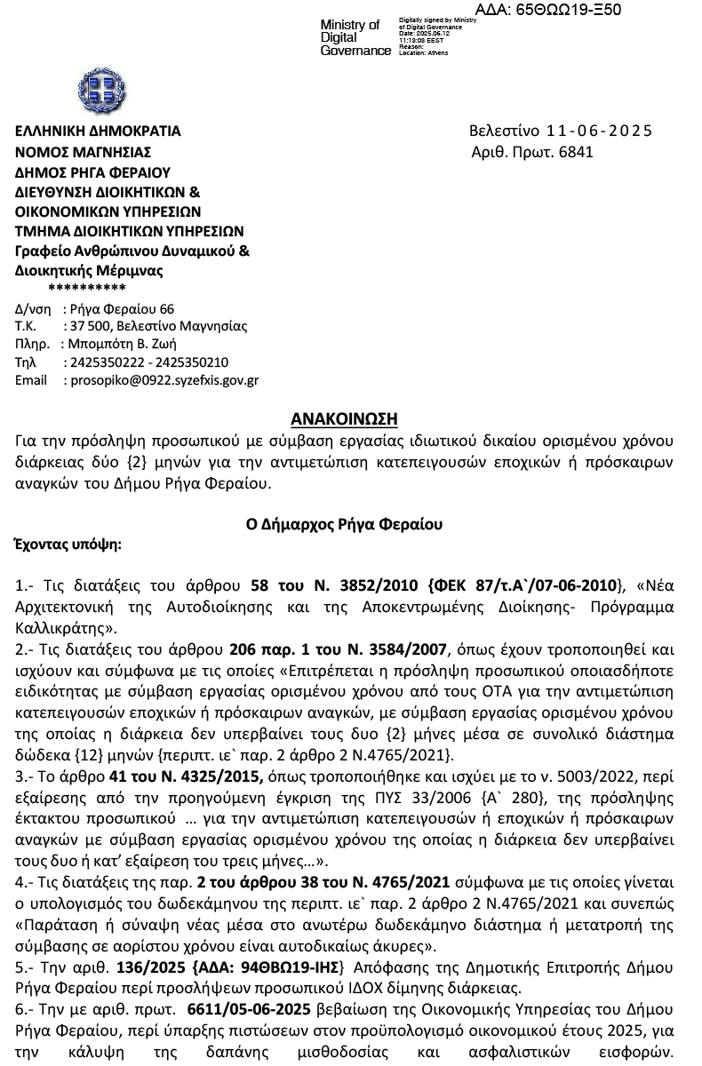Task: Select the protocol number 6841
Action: [x=575, y=152]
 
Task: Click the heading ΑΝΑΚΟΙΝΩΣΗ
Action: [x=345, y=418]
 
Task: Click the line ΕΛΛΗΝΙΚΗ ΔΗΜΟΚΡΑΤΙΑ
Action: [x=98, y=131]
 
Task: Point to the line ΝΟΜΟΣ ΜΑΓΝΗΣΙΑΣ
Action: [x=84, y=152]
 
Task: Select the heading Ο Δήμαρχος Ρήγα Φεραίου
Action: [x=344, y=524]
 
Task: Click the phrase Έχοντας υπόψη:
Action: [x=69, y=543]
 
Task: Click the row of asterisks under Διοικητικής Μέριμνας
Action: [x=86, y=288]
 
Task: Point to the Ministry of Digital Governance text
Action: [x=354, y=37]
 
